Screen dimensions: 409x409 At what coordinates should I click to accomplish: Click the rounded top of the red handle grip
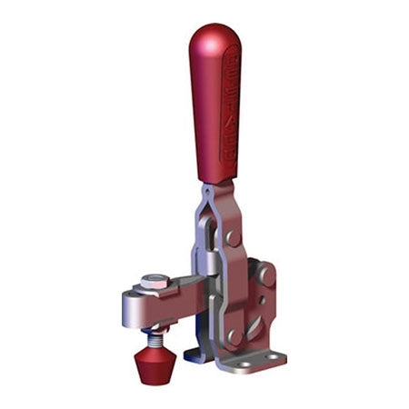[x=214, y=36]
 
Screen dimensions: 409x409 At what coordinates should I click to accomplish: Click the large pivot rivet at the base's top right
[x=265, y=274]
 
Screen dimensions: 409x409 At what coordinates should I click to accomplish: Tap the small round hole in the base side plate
[x=261, y=299]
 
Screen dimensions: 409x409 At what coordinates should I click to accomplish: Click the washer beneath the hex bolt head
[x=156, y=289]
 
